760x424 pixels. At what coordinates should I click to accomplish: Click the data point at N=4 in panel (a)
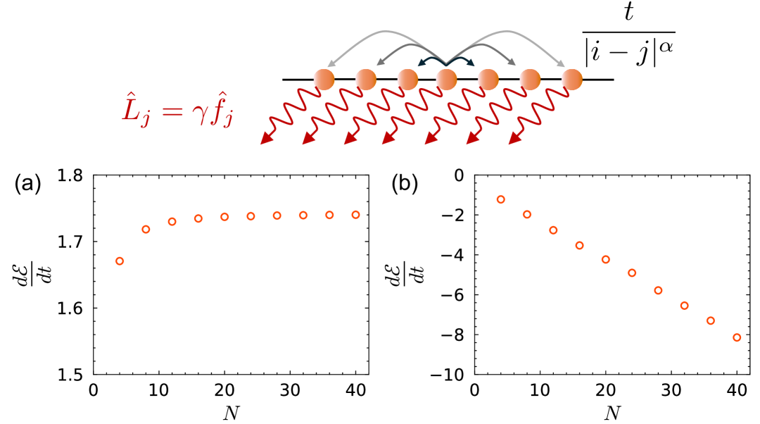(x=120, y=261)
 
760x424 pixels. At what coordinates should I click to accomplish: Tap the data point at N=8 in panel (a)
(x=146, y=229)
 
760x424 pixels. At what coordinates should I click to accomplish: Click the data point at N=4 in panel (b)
(x=501, y=199)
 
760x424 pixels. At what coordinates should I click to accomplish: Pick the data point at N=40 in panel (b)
(x=737, y=337)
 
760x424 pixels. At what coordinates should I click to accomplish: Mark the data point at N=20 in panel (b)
(x=606, y=259)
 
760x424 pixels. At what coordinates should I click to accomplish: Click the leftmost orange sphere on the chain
(x=324, y=80)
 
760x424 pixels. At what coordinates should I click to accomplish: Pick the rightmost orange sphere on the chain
(x=572, y=80)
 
